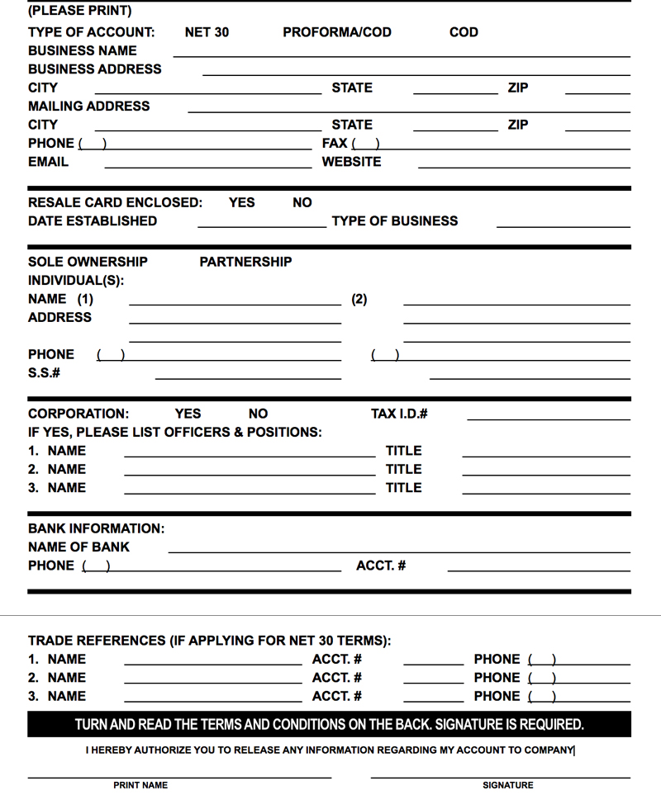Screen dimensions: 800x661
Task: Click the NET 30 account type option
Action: pos(207,32)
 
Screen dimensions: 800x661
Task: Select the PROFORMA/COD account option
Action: pos(336,32)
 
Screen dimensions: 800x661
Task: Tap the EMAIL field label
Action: pos(48,162)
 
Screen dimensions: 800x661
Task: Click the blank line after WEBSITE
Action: pos(524,165)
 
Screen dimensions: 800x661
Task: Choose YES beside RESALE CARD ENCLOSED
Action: pos(241,202)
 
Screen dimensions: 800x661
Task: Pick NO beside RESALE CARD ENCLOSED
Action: pos(302,202)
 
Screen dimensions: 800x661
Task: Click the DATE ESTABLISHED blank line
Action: pos(262,224)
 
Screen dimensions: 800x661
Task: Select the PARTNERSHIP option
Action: pos(245,262)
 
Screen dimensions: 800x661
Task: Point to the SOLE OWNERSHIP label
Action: pos(88,262)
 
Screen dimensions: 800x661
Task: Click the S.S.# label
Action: pos(44,373)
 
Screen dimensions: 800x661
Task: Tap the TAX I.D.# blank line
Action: pos(549,417)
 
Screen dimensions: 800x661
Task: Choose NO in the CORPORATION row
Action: pos(258,414)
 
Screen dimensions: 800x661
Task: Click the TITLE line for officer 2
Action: pos(546,472)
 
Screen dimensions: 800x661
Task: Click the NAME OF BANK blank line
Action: pos(399,550)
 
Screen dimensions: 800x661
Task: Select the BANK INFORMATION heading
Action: pos(96,528)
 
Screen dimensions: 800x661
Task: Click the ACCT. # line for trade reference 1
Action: pos(434,662)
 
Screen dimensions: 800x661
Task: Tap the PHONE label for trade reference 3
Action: pos(497,696)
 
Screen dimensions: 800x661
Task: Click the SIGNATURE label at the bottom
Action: pos(508,785)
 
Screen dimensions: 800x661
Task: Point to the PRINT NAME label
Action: pos(140,785)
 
